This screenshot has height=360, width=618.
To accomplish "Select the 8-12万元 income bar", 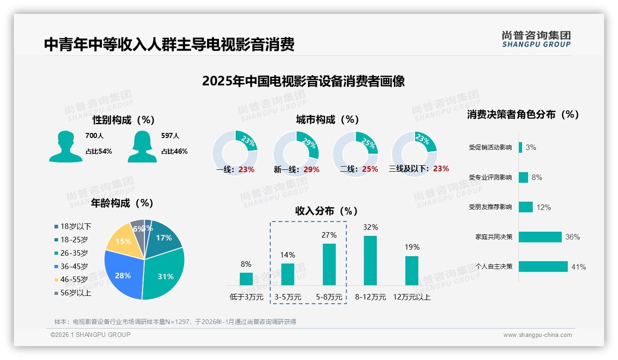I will (370, 260).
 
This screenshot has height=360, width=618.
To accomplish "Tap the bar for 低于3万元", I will (246, 279).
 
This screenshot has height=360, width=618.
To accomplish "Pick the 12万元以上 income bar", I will (412, 270).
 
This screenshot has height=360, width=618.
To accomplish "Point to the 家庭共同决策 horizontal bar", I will (540, 237).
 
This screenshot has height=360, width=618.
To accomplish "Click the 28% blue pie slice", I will (122, 275).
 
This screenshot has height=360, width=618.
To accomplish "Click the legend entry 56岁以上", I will (73, 293).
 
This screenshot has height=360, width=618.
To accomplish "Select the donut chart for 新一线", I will (296, 153).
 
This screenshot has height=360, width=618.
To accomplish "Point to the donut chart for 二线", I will (355, 153).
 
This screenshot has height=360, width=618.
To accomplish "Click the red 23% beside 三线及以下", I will (441, 169).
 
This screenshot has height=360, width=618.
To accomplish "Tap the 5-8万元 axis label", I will (329, 297).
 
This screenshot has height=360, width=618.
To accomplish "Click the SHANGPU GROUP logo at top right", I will (536, 39).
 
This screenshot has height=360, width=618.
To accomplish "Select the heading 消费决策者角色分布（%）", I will (523, 114).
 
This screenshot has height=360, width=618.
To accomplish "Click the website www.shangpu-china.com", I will (537, 335).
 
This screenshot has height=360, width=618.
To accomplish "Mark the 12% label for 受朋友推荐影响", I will (544, 208).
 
